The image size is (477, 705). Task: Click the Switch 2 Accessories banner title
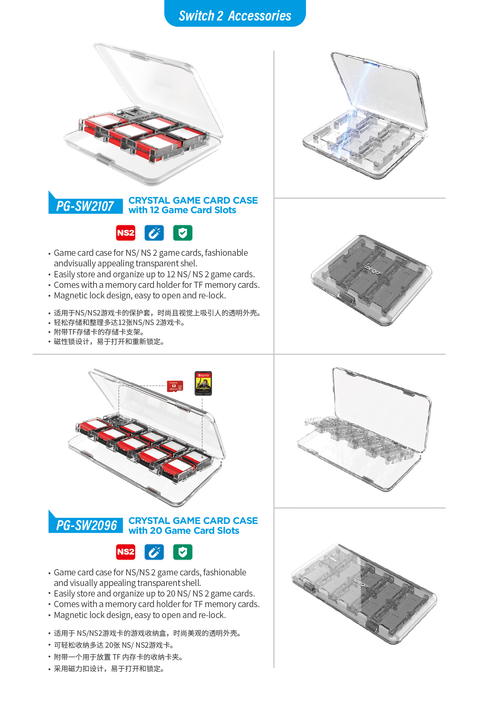[235, 16]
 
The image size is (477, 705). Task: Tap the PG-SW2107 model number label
[85, 206]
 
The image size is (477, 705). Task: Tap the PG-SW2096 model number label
[87, 525]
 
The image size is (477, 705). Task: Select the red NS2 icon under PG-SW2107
[126, 233]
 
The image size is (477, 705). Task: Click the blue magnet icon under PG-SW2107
[154, 233]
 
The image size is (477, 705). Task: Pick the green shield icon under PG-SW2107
[183, 233]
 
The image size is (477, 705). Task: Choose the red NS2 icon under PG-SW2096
[126, 552]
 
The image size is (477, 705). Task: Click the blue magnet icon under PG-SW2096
[154, 552]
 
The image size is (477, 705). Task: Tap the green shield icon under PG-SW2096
[183, 552]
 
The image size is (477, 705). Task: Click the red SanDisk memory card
[175, 386]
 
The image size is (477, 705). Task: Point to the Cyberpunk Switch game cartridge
[203, 383]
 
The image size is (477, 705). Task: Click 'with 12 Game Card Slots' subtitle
[182, 210]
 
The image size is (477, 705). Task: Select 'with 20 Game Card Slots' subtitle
[184, 531]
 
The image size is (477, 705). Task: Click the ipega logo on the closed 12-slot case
[372, 270]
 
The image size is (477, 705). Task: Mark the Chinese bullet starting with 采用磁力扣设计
[109, 669]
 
